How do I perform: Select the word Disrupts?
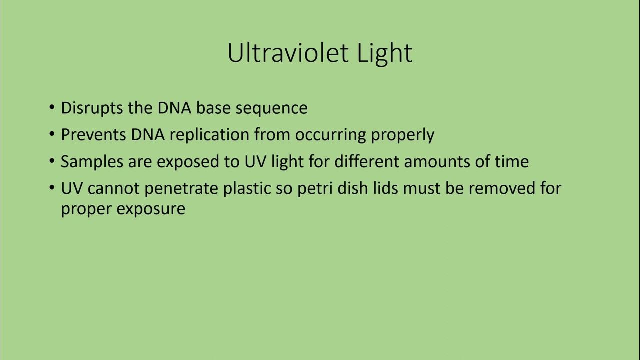point(92,108)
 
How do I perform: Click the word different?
point(367,161)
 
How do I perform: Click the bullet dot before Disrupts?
point(52,108)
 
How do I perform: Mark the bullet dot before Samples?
point(52,162)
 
